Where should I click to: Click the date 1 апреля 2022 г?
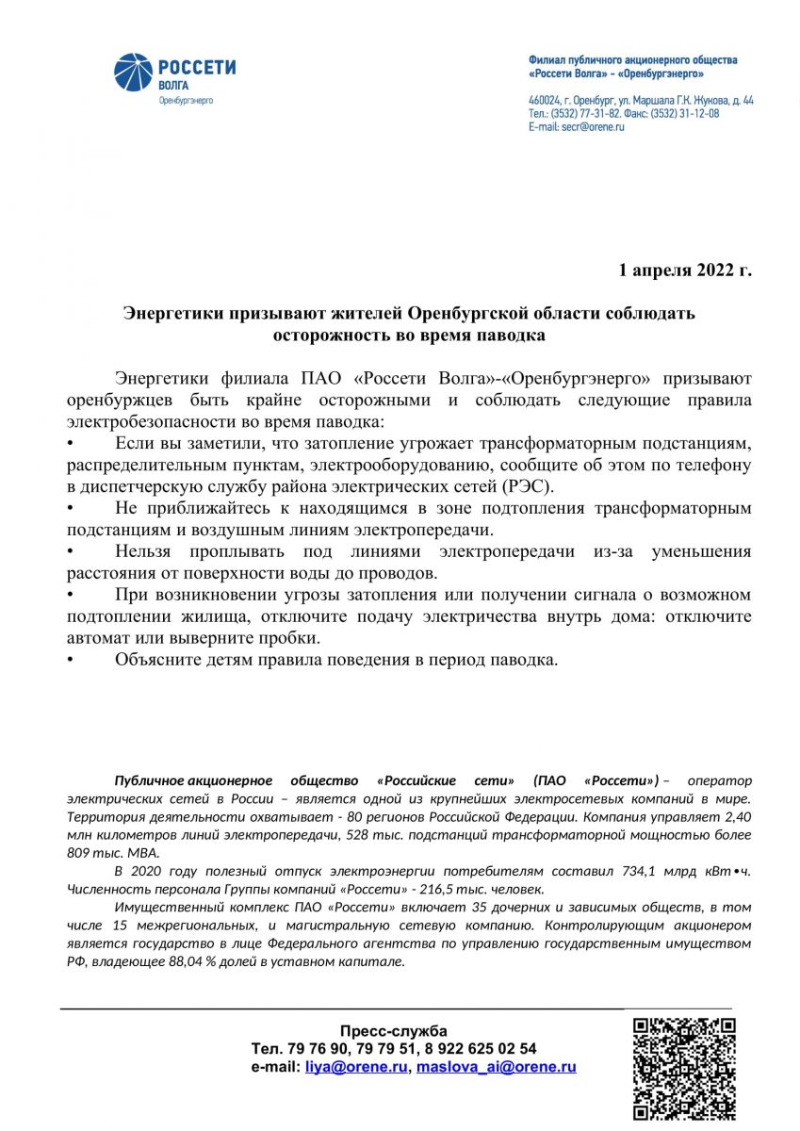tap(685, 271)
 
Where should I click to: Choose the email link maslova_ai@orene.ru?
tap(496, 1067)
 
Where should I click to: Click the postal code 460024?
tap(545, 100)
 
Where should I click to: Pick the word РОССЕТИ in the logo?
tap(196, 68)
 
